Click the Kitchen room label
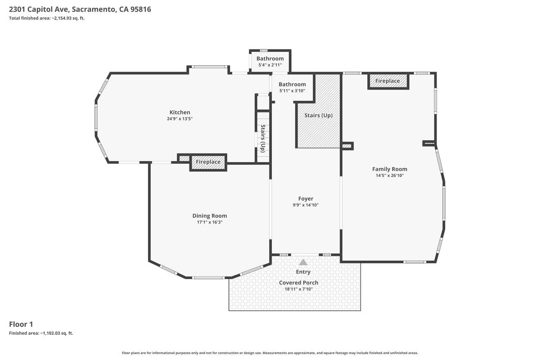[180, 112]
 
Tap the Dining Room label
[210, 216]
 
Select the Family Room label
[390, 169]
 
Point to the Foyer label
[306, 198]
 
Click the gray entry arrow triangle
[303, 262]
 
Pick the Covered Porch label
[298, 282]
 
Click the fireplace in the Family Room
[388, 81]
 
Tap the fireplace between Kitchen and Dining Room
[208, 162]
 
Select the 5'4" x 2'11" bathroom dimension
[270, 65]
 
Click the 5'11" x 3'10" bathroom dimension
[292, 90]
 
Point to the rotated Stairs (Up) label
[263, 139]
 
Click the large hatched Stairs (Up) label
[318, 115]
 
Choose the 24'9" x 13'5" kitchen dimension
[180, 119]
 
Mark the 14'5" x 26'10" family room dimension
[390, 175]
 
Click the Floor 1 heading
[21, 324]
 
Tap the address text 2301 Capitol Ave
[40, 9]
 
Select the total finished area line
[47, 18]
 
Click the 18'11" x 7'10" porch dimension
[298, 289]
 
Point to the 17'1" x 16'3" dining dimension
[210, 222]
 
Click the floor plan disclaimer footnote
[270, 353]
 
